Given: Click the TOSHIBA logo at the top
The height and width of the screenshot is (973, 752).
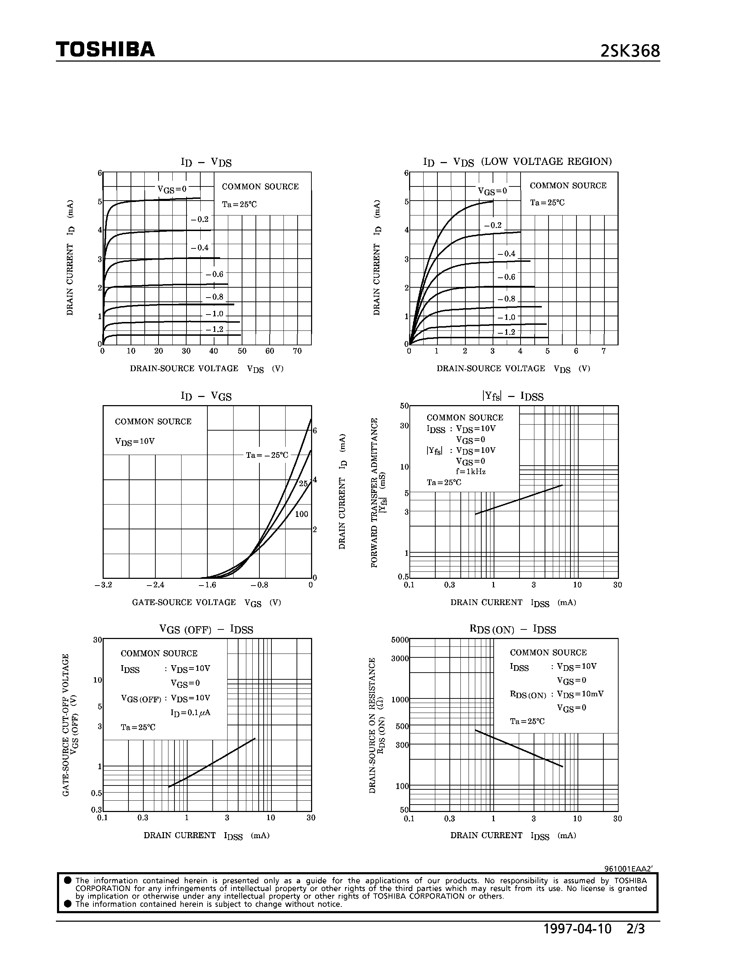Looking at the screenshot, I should (105, 50).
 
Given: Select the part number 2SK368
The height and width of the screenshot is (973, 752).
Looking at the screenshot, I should (630, 51).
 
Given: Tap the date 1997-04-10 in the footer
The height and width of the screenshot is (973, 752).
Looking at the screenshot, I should (578, 929).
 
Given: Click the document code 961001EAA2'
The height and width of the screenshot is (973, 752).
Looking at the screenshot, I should (628, 869).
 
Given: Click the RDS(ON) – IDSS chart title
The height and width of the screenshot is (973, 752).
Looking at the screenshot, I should (513, 629).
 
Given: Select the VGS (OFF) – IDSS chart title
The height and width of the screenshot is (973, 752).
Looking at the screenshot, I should (206, 629).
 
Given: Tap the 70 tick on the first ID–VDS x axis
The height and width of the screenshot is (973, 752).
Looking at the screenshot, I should (297, 351).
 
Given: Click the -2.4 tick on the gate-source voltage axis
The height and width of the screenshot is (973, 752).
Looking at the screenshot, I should (155, 585).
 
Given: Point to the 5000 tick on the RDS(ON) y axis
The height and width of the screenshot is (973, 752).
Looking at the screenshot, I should (400, 640).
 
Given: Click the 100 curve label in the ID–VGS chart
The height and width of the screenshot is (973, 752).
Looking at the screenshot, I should (302, 514).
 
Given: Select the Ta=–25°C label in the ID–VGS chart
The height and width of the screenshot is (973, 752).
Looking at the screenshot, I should (267, 455).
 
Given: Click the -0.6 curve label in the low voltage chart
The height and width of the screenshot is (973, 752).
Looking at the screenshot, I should (506, 277).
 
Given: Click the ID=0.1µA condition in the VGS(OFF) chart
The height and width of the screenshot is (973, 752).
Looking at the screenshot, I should (190, 712).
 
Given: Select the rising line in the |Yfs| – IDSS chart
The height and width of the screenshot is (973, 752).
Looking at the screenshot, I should (519, 500).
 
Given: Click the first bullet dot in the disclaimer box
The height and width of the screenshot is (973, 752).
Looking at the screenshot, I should (68, 880).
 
